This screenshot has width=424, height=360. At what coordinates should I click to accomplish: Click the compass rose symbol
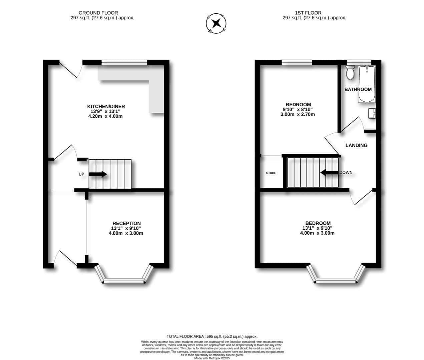coord(216,23)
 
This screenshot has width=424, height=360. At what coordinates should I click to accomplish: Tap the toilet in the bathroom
coord(350,73)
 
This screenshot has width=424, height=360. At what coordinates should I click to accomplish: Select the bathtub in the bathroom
coord(367,84)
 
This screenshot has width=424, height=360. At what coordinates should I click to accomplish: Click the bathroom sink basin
coord(372,113)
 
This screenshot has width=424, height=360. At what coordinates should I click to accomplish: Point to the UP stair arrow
coord(98,174)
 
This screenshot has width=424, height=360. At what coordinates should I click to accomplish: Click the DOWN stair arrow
coord(329,173)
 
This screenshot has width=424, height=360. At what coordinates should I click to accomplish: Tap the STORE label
coord(271,173)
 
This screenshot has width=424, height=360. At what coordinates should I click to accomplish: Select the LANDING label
coord(356,145)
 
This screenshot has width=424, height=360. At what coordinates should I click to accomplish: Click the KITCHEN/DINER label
coord(106,107)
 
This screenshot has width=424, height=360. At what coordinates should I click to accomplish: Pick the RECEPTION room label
coord(126,223)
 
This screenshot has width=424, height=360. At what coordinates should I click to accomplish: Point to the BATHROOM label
coord(358,89)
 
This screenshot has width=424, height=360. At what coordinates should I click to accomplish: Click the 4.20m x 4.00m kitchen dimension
coord(105,116)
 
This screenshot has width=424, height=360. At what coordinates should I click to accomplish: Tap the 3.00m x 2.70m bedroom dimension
coord(298,114)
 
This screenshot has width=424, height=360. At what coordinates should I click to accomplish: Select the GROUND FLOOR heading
coord(98,13)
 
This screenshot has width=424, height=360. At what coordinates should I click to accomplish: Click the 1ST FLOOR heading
coord(308,13)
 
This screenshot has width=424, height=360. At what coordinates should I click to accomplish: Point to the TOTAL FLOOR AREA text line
coord(212,336)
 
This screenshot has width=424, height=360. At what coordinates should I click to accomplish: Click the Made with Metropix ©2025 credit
coord(212,358)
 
